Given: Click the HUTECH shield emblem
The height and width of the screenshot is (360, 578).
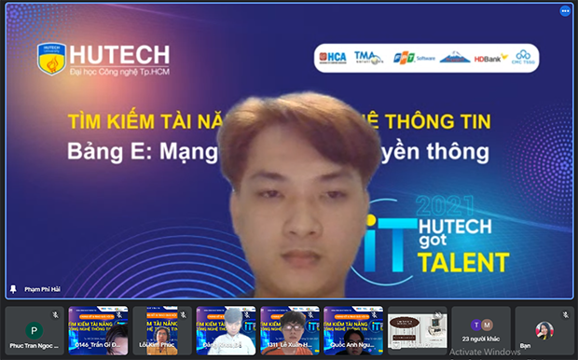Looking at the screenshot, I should [x=50, y=58].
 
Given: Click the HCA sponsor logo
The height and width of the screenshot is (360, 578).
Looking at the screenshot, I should [x=334, y=57].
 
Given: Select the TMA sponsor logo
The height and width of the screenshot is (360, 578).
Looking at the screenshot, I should [x=368, y=57].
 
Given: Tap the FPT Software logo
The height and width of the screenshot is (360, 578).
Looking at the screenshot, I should [x=410, y=57].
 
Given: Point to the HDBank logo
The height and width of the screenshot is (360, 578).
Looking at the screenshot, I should [x=490, y=58].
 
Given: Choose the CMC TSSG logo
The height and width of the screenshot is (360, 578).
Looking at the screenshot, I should [x=524, y=57].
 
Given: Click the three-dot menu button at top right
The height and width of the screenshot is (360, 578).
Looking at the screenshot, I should [x=565, y=11].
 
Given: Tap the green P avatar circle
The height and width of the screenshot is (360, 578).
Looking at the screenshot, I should [x=34, y=330].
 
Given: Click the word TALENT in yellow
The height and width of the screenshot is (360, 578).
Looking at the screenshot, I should [x=463, y=262].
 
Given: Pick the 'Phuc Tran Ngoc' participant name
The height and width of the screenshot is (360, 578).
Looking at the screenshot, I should [x=34, y=346].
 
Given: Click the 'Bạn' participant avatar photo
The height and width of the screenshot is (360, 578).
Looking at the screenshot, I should [x=544, y=329].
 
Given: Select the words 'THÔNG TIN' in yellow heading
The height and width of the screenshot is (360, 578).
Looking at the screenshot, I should [x=447, y=121].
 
